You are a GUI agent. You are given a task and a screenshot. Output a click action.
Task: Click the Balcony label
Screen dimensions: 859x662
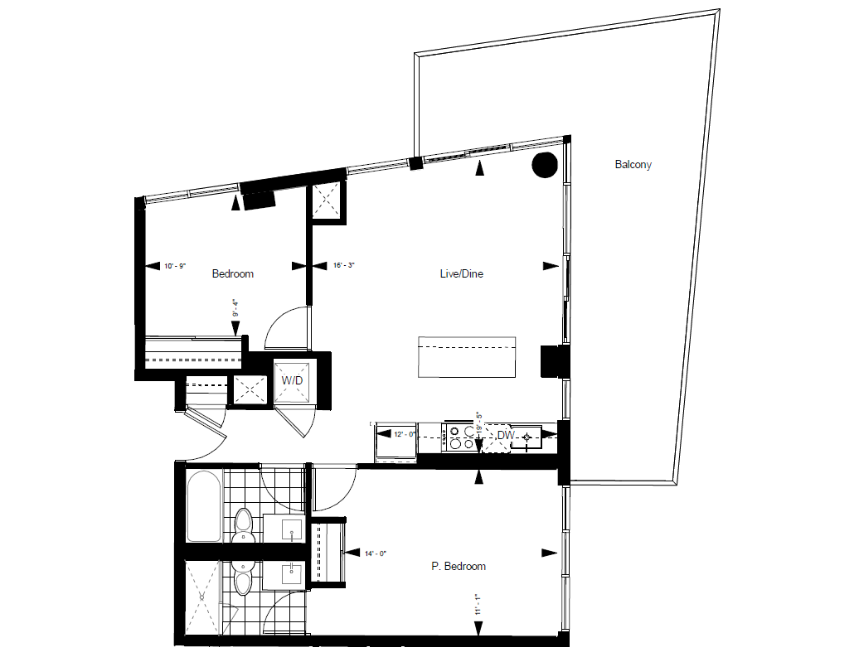pyautogui.click(x=633, y=164)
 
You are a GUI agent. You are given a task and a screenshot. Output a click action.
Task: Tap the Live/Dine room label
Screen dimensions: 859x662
pyautogui.click(x=461, y=273)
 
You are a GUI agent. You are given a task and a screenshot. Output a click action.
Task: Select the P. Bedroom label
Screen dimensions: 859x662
pyautogui.click(x=459, y=566)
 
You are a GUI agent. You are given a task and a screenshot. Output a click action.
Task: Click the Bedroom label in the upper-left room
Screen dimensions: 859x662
pyautogui.click(x=233, y=273)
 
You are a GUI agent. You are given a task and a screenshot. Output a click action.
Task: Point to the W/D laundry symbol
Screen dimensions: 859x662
pyautogui.click(x=292, y=380)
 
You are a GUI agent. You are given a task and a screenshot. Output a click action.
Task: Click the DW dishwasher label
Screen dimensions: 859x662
pyautogui.click(x=505, y=436)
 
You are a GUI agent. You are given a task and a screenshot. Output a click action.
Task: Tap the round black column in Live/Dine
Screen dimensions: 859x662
pyautogui.click(x=545, y=164)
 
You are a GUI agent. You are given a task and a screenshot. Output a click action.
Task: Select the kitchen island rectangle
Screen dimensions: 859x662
pyautogui.click(x=467, y=357)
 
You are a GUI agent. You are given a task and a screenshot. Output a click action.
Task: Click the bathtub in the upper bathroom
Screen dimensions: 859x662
pyautogui.click(x=204, y=506)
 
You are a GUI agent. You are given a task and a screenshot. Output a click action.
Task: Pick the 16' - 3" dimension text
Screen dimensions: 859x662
pyautogui.click(x=343, y=266)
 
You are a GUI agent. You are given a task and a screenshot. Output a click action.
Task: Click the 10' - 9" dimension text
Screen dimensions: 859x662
pyautogui.click(x=175, y=266)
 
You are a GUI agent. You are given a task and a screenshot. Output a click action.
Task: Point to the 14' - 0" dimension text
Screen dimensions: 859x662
pyautogui.click(x=376, y=553)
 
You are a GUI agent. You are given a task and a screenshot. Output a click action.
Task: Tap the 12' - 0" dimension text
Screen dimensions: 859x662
pyautogui.click(x=405, y=434)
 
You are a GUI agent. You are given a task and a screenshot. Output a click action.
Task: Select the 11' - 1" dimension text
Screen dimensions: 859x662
pyautogui.click(x=478, y=605)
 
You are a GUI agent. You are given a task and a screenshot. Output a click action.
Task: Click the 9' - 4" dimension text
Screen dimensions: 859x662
pyautogui.click(x=235, y=308)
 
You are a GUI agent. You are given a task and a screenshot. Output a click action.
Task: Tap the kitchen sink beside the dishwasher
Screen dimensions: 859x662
pyautogui.click(x=526, y=437)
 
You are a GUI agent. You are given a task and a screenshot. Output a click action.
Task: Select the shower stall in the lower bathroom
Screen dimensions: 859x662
pyautogui.click(x=202, y=598)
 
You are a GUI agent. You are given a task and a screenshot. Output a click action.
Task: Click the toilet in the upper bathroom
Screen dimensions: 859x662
pyautogui.click(x=243, y=525)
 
